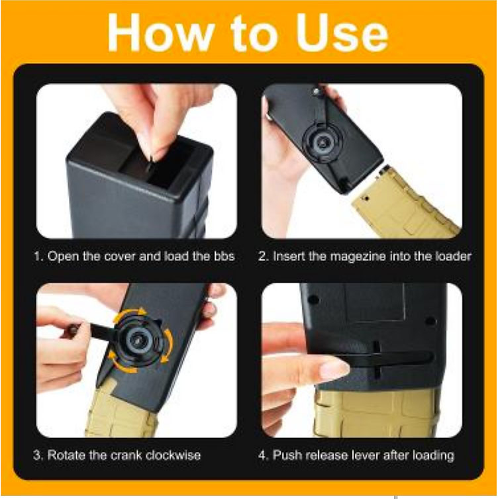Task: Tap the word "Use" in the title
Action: tap(342, 33)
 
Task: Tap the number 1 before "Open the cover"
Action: tap(38, 257)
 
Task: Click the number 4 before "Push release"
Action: tap(263, 455)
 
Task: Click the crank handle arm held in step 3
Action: tap(95, 330)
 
